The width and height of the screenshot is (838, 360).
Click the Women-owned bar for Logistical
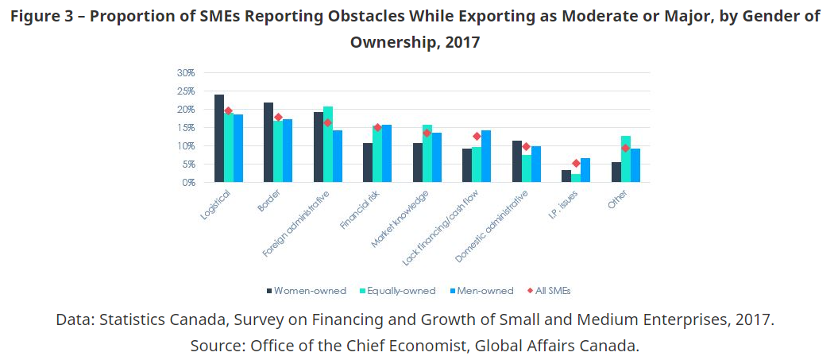click(x=219, y=139)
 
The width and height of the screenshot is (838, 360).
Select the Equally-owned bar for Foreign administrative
click(x=328, y=145)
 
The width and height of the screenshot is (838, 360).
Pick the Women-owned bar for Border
click(x=268, y=143)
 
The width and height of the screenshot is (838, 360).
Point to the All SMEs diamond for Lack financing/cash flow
click(x=477, y=137)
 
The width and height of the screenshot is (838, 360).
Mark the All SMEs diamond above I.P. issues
click(x=576, y=164)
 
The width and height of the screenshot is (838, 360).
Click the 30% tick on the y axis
click(x=186, y=72)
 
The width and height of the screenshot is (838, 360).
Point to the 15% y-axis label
click(x=186, y=128)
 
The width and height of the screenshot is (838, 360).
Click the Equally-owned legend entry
click(x=400, y=291)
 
